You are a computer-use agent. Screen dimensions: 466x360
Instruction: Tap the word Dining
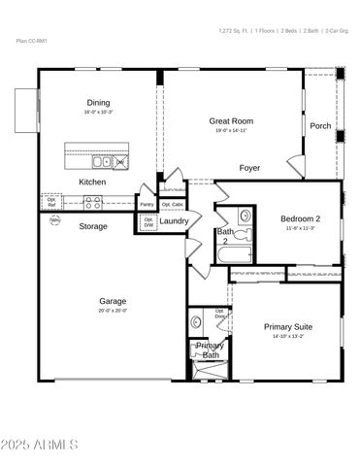pos(98,103)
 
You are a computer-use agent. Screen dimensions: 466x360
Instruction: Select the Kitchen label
pos(92,182)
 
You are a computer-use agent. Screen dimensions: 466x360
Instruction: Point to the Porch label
pos(320,126)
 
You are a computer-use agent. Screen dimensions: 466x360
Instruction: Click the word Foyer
pos(249,168)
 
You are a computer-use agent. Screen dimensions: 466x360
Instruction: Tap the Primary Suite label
pos(287,327)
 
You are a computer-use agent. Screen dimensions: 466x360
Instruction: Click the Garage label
pos(113,301)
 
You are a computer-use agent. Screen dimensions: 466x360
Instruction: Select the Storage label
pos(93,226)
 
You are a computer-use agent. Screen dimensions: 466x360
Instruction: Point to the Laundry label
pos(175,221)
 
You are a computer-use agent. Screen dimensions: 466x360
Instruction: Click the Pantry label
pos(147,205)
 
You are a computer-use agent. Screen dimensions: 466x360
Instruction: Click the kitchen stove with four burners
pos(94,203)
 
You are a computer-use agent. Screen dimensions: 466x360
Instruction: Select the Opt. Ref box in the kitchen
pos(51,204)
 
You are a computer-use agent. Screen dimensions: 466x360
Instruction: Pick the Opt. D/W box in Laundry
pos(149,222)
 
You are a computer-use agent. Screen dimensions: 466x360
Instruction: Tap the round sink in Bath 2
pos(245,216)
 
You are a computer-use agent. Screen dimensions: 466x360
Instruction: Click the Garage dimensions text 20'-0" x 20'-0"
pos(113,312)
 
